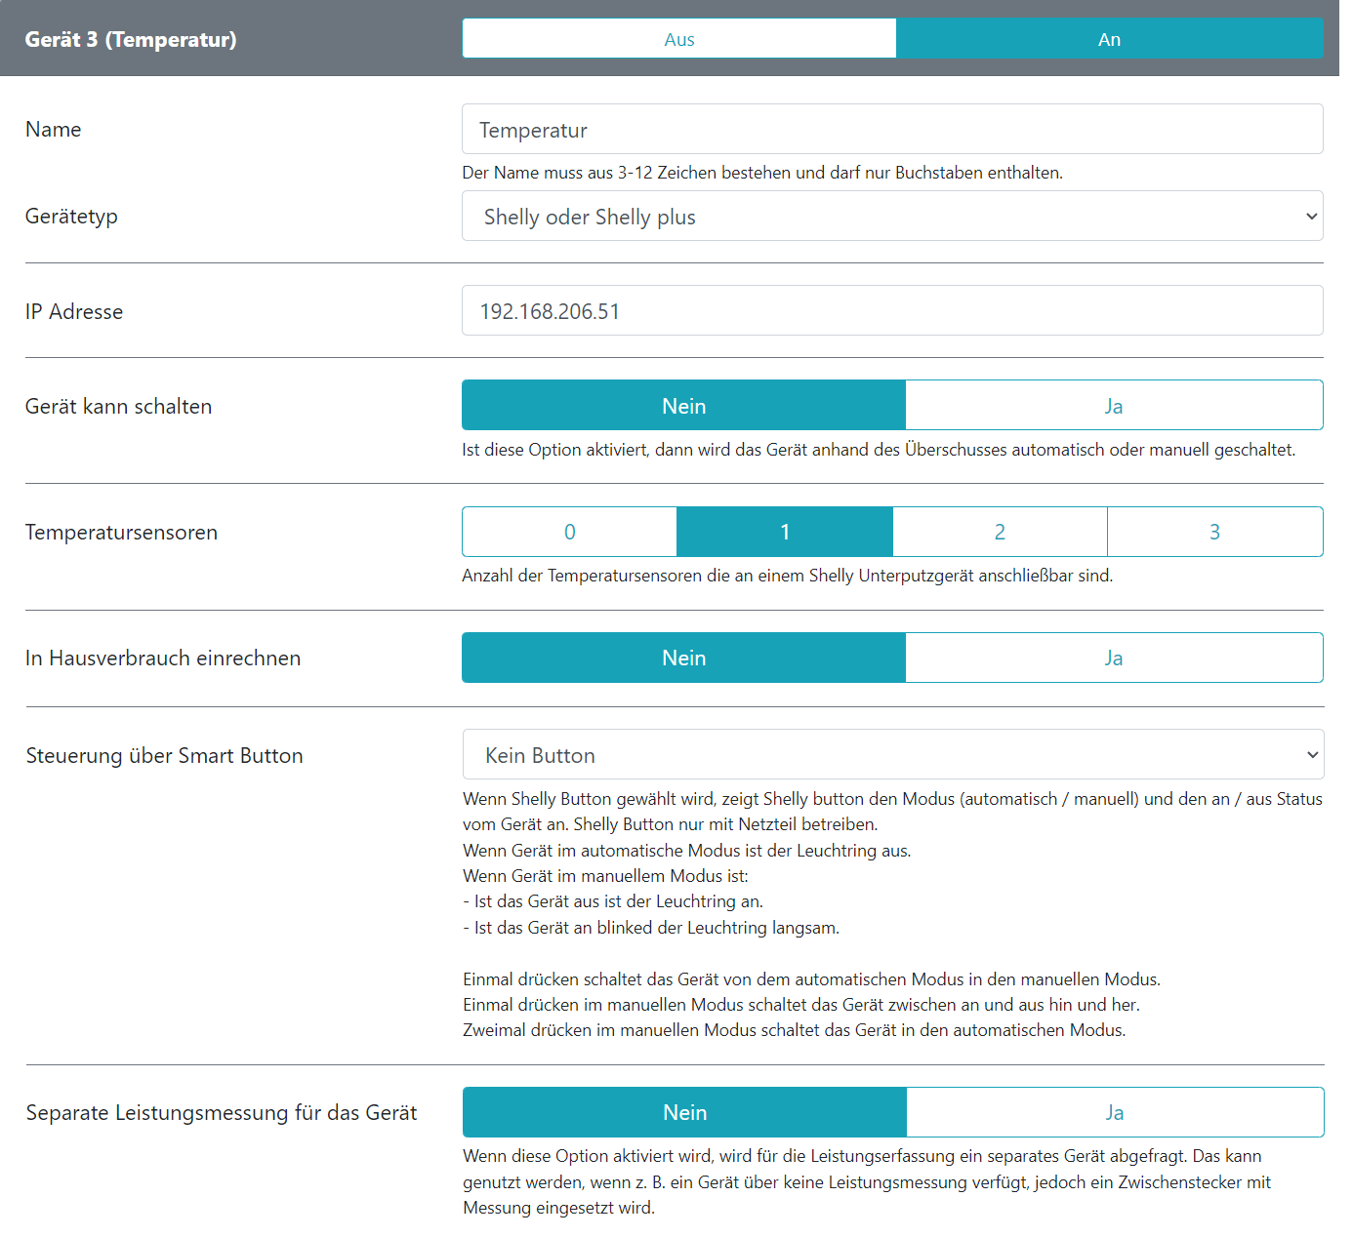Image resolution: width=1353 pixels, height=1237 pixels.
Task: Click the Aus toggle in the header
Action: pyautogui.click(x=679, y=39)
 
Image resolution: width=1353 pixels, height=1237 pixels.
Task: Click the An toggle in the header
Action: pyautogui.click(x=1109, y=39)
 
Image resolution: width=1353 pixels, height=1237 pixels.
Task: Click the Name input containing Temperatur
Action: pyautogui.click(x=892, y=130)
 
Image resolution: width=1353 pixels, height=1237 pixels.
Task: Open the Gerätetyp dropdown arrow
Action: pyautogui.click(x=1311, y=217)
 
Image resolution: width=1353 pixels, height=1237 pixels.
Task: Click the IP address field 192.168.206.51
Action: pyautogui.click(x=892, y=311)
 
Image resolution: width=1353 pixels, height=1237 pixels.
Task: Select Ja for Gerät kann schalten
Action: pyautogui.click(x=1114, y=406)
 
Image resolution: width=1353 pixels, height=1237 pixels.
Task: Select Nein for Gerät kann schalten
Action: pyautogui.click(x=683, y=406)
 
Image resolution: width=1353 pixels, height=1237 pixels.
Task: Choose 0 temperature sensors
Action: pyautogui.click(x=570, y=532)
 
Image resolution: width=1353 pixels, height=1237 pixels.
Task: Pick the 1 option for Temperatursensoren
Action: pyautogui.click(x=785, y=532)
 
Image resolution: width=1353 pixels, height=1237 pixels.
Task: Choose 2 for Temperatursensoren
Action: pyautogui.click(x=1000, y=532)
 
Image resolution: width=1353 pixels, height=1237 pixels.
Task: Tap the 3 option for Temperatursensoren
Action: pyautogui.click(x=1215, y=532)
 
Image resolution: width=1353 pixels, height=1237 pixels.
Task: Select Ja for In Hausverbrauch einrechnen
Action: pyautogui.click(x=1114, y=658)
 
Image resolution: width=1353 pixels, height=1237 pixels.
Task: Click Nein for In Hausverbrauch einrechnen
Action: pyautogui.click(x=683, y=658)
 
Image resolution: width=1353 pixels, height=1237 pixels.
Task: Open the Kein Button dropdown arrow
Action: pyautogui.click(x=1312, y=755)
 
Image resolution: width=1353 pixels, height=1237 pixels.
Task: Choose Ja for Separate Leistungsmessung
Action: pyautogui.click(x=1115, y=1112)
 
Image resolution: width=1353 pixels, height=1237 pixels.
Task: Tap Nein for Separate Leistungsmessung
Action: pyautogui.click(x=684, y=1112)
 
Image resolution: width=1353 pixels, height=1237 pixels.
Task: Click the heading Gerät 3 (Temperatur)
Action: pyautogui.click(x=131, y=40)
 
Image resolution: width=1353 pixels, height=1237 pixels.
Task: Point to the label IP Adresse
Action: pyautogui.click(x=74, y=312)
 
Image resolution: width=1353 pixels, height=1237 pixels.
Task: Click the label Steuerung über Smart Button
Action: pyautogui.click(x=164, y=756)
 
